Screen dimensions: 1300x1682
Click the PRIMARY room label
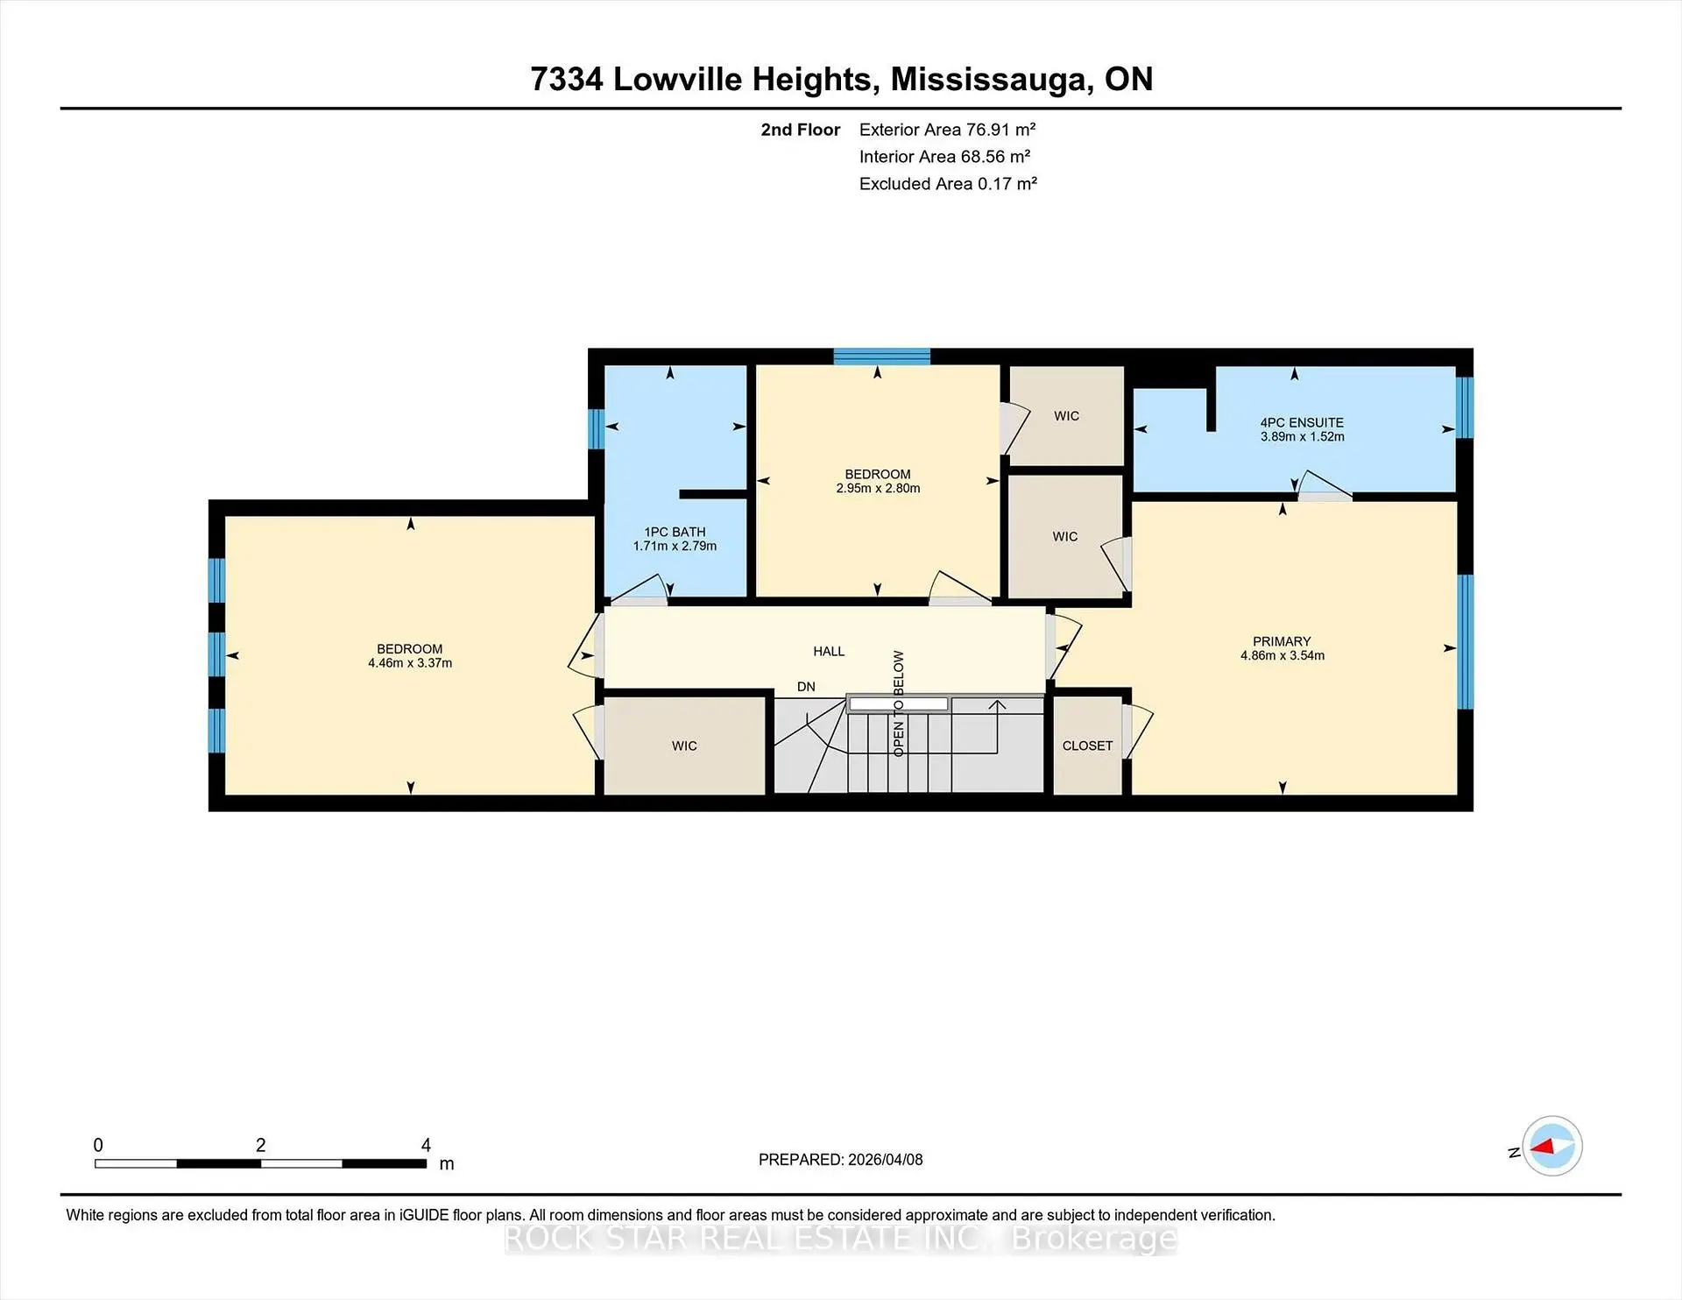click(1282, 641)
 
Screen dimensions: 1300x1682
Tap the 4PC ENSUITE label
click(1302, 422)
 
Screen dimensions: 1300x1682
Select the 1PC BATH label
click(675, 532)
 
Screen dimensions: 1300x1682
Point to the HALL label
click(829, 651)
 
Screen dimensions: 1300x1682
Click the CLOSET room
click(1087, 745)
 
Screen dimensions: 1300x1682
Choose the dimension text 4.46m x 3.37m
click(410, 663)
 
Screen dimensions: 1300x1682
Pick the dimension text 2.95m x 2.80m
click(878, 488)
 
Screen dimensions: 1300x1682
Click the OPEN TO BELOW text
click(899, 703)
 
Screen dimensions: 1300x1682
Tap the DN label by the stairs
click(806, 687)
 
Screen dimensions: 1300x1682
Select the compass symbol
click(1551, 1146)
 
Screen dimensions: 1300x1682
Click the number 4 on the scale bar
click(426, 1145)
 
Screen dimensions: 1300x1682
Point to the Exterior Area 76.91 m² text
click(947, 130)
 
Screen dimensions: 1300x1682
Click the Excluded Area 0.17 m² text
click(948, 184)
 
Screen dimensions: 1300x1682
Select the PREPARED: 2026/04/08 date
click(840, 1159)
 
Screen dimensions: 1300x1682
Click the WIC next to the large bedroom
click(684, 745)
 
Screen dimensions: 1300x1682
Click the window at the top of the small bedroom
click(881, 357)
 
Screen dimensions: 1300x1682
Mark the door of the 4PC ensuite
click(1325, 487)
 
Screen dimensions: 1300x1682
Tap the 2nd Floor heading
click(800, 130)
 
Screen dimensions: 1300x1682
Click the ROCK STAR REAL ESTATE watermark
click(840, 1238)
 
